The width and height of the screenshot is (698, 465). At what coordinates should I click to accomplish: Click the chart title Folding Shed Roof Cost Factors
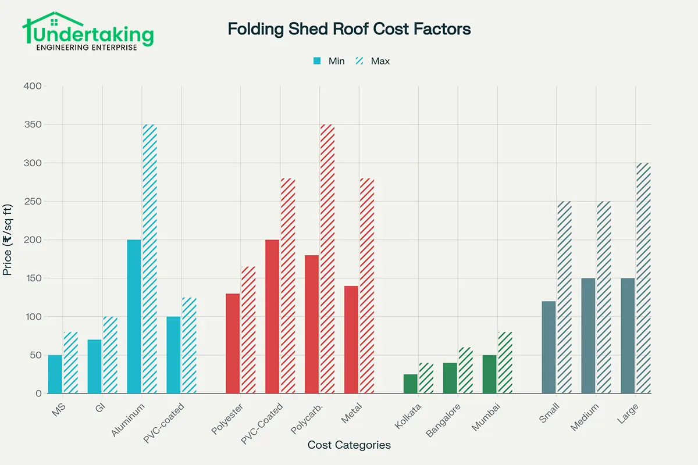click(x=349, y=29)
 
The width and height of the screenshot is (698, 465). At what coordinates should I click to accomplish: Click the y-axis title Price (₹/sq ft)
click(x=8, y=239)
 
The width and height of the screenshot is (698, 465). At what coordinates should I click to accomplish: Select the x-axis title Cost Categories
click(x=349, y=445)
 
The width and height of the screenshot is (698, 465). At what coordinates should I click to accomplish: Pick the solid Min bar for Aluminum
click(x=134, y=317)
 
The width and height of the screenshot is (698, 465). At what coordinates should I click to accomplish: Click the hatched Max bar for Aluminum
click(x=150, y=259)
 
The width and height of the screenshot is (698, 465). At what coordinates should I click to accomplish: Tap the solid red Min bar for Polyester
click(x=233, y=344)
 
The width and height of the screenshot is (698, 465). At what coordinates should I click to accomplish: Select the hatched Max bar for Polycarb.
click(x=328, y=259)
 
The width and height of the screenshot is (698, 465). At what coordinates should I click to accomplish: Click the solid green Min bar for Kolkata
click(x=411, y=384)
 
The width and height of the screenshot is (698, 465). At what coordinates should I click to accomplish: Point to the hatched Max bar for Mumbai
click(x=505, y=363)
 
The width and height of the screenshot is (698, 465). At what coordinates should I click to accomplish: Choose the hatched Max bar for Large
click(x=643, y=278)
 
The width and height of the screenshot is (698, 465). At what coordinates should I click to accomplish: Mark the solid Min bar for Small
click(x=549, y=348)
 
